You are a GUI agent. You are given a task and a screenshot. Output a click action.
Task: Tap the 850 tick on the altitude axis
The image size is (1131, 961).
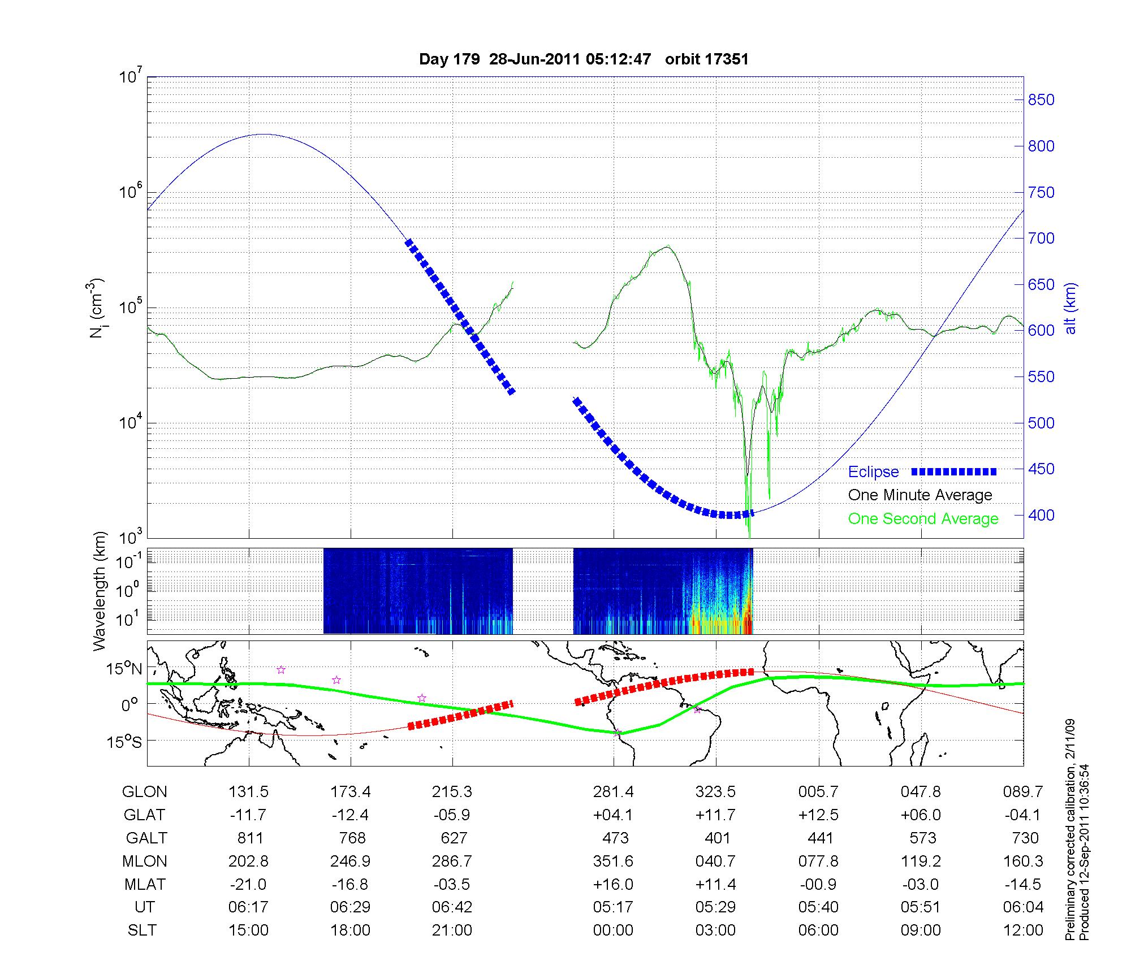coord(1041,100)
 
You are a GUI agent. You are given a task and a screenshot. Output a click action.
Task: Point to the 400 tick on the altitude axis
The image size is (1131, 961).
coord(1041,515)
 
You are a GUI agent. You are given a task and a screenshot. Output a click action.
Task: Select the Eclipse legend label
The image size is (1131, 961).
coord(873,471)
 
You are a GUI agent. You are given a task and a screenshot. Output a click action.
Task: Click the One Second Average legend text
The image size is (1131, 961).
coord(923,518)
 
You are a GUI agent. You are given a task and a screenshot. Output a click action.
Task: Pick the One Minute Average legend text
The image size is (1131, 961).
coord(920,495)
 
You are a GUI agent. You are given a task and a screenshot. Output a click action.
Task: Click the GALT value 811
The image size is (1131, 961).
coord(249,838)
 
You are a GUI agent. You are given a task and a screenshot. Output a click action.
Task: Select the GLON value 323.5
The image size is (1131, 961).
coord(715,791)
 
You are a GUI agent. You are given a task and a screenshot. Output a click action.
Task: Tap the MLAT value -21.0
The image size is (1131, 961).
coord(249,884)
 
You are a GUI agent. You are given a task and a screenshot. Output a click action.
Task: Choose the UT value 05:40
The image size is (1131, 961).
coord(818,907)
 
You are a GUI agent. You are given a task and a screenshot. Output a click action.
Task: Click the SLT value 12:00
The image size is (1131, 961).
coord(1023,930)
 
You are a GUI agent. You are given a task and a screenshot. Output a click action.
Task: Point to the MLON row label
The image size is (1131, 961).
coord(144,861)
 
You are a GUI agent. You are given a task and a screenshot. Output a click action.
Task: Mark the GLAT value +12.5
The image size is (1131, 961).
coord(818,815)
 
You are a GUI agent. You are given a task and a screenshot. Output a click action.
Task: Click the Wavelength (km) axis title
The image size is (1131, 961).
coord(100,591)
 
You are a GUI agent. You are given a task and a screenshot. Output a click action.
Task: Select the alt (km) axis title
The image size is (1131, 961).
coord(1070,308)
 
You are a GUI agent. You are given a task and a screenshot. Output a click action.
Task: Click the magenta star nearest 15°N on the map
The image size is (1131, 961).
coord(281,670)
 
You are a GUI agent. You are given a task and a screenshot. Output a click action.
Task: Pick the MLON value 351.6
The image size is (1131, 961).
coord(614,861)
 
